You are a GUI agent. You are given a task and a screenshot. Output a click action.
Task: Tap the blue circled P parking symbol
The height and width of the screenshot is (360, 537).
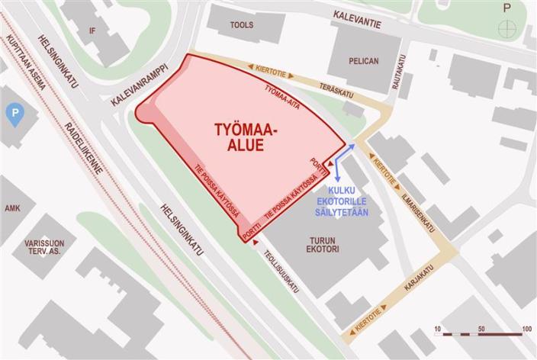pos(13,116)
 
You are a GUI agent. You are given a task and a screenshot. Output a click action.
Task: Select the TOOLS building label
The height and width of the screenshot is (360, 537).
pos(241,25)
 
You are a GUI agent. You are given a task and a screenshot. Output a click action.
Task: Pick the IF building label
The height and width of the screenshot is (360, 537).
pos(93,31)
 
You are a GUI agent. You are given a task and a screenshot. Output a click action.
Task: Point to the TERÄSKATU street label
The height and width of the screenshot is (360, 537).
pos(336,90)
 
